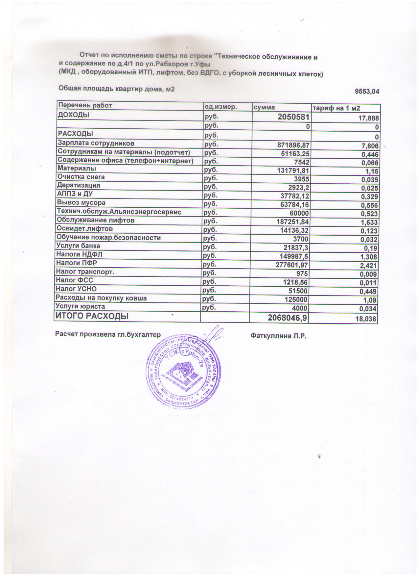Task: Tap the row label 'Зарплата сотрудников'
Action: [96, 144]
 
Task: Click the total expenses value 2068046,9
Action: [288, 318]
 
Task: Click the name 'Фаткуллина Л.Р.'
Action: [278, 336]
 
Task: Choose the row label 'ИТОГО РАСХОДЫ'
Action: [92, 316]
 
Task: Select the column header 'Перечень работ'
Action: [85, 105]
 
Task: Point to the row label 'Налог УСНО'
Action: [76, 289]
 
